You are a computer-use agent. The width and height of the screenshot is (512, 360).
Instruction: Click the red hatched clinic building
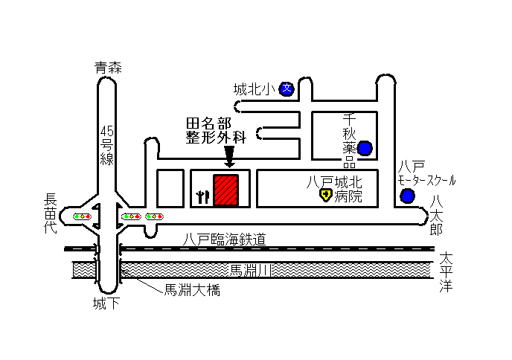point(225,190)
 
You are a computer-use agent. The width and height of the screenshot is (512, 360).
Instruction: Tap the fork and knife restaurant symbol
point(202,197)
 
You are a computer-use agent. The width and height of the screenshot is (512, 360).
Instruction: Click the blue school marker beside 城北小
point(287,89)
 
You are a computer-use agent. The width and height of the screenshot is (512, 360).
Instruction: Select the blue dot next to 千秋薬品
point(365,148)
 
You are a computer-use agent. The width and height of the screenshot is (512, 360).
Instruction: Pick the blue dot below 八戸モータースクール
point(408,196)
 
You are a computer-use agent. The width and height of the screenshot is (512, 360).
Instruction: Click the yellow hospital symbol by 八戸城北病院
point(325,195)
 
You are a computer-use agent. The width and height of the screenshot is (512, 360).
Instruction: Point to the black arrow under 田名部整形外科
point(229,157)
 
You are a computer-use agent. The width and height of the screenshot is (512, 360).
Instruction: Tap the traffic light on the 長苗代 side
point(82,216)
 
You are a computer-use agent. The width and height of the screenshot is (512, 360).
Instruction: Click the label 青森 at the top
point(108,68)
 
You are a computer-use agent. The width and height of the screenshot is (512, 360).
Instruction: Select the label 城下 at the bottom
point(106,303)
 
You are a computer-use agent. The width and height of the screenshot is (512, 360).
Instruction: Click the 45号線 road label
point(106,145)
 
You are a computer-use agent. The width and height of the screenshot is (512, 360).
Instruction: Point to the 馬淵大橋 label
point(192,290)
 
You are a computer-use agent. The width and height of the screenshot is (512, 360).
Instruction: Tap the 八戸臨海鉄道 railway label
point(224,240)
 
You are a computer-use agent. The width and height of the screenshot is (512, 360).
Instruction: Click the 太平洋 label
point(446,272)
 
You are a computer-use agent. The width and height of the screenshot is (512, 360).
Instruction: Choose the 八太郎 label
point(436,216)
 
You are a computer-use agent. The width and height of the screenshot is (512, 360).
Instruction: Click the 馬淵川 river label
point(251,270)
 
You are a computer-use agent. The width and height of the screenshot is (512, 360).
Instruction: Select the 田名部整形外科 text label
point(216,131)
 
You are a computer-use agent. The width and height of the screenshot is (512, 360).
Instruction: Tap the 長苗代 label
point(51,213)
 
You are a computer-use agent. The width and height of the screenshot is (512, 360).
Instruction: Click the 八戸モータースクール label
point(426,173)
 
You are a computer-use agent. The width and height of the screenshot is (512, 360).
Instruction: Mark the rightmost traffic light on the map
point(155,216)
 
